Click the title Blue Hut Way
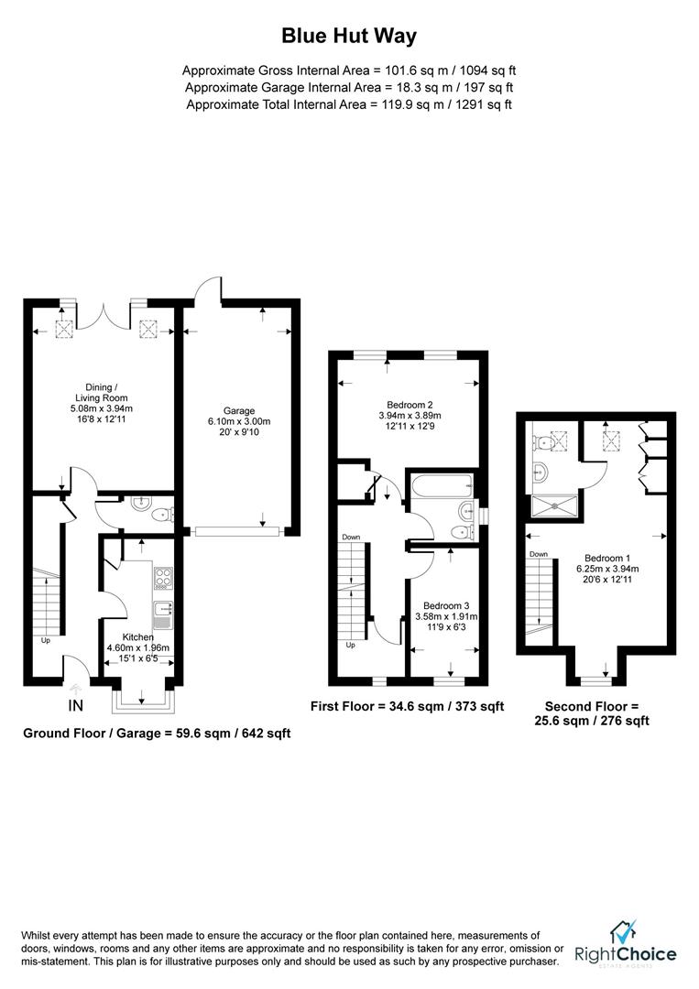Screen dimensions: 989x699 click(348, 37)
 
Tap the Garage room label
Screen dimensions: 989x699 click(239, 410)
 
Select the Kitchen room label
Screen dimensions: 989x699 click(139, 636)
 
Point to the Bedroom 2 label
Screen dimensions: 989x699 click(410, 404)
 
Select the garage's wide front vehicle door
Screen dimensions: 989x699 click(236, 529)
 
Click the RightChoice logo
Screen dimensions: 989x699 click(626, 944)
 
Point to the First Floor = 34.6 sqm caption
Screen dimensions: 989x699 click(408, 706)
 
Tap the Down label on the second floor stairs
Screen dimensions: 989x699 click(538, 554)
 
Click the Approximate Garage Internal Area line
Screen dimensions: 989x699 click(348, 87)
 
